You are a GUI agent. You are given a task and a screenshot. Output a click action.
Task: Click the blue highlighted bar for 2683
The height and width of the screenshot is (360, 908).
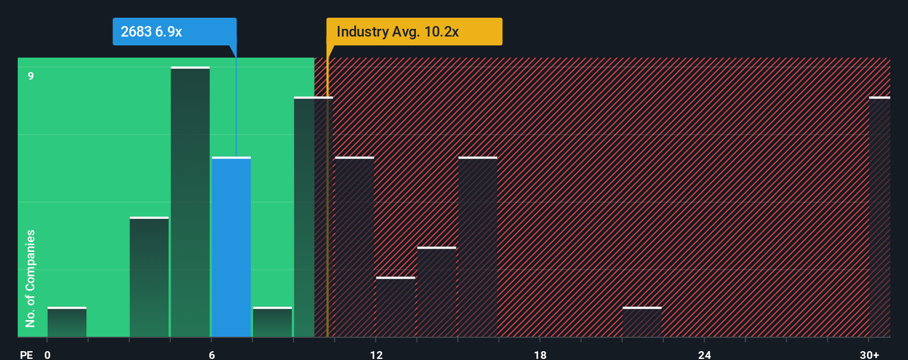pos(231,247)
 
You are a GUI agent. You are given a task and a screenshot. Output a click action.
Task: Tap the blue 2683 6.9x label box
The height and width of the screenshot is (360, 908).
pos(174,32)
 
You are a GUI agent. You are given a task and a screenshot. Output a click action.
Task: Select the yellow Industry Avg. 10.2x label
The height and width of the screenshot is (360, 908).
pos(414,32)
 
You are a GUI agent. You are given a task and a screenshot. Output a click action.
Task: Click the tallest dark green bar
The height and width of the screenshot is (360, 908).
pos(190,202)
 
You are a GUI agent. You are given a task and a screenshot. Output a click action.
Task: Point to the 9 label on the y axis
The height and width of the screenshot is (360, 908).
pos(31,76)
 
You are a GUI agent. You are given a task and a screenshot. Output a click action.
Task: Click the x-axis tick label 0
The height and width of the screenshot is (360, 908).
pos(48,354)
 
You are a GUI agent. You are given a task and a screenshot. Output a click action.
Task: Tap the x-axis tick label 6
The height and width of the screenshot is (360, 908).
pos(212,354)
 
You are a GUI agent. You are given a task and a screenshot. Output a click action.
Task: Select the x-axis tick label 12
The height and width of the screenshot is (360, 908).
pos(376,354)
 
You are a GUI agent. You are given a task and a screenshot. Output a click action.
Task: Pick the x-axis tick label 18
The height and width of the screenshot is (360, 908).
pos(540,354)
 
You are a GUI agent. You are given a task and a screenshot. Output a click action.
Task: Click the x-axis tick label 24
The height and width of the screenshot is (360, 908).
pos(704,354)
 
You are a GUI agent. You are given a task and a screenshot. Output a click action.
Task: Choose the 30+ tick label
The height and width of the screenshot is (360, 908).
pos(869,354)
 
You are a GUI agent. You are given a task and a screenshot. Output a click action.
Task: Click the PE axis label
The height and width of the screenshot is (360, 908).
pos(26,354)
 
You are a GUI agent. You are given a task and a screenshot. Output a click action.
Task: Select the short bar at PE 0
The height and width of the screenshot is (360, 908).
pos(67,322)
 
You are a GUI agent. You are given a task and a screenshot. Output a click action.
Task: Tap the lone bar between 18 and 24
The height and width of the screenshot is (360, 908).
pos(642,322)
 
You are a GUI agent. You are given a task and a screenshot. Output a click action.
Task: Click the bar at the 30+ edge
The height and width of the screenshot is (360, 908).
pos(880,217)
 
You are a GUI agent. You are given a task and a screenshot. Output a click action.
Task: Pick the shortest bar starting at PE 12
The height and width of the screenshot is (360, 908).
pos(396,307)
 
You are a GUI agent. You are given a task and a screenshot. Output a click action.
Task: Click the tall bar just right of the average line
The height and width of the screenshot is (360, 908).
pos(354,247)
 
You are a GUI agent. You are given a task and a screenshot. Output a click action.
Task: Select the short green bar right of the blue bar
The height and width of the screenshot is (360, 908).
pos(272,322)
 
